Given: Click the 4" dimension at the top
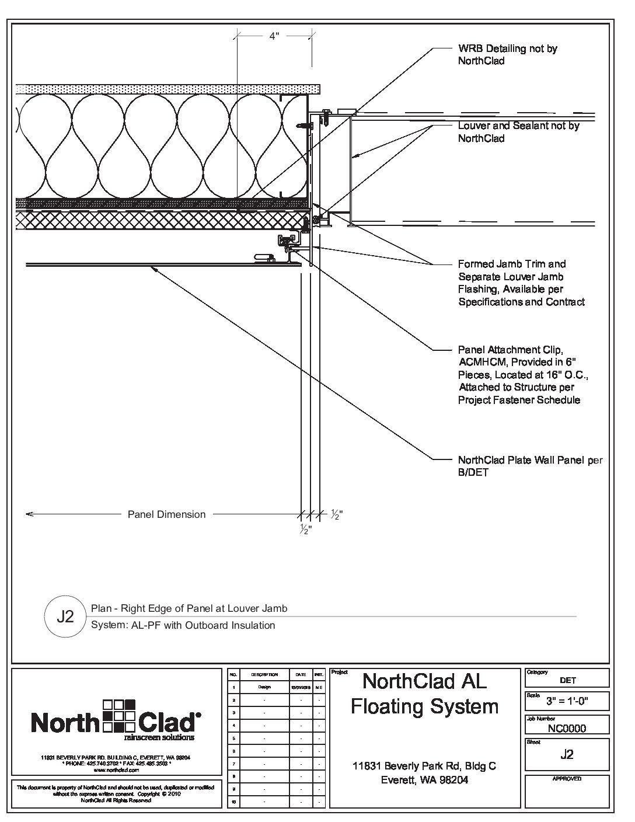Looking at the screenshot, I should tap(274, 36).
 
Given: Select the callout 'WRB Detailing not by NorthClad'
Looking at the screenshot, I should tap(507, 54).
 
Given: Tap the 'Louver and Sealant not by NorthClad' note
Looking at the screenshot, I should tap(518, 132).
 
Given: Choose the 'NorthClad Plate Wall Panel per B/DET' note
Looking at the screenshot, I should tap(530, 466).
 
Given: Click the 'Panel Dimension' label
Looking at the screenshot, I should tap(166, 514).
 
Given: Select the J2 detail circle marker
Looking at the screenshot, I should tap(65, 616).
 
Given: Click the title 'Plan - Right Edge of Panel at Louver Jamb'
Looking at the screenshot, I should tap(189, 608).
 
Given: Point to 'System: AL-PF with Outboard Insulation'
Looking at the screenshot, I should tap(183, 625).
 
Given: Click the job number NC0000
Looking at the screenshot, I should tap(567, 728).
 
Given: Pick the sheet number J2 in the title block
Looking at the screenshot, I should tap(567, 754).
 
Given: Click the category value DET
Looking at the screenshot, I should tap(567, 680).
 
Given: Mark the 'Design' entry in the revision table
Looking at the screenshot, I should tap(264, 687).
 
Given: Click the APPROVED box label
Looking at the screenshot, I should tap(567, 779).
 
